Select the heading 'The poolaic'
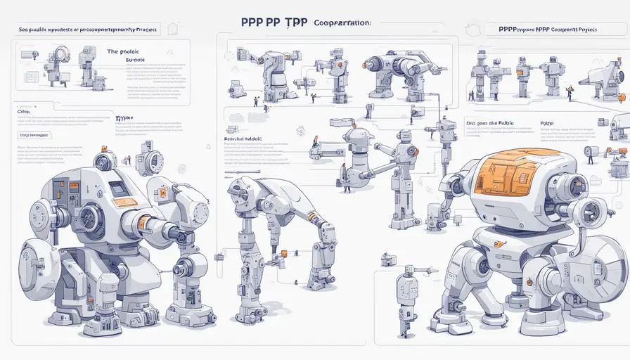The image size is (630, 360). pyautogui.click(x=124, y=51)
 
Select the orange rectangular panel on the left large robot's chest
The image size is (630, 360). pyautogui.click(x=125, y=202)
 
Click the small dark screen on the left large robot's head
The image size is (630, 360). pyautogui.click(x=119, y=188)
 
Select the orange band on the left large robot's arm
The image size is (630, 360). pyautogui.click(x=143, y=223)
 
